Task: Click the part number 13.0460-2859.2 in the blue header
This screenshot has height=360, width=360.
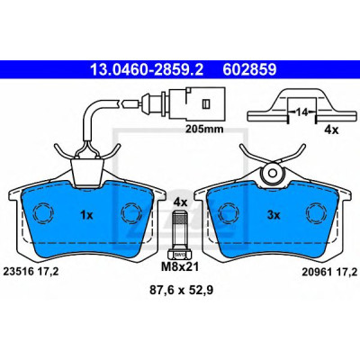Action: (147, 70)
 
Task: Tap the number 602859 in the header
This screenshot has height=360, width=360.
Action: (249, 70)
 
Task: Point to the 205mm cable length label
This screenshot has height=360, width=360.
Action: (204, 129)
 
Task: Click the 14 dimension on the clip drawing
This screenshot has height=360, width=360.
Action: (301, 112)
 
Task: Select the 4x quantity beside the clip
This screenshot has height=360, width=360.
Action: (331, 130)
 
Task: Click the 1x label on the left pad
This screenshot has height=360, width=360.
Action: (87, 215)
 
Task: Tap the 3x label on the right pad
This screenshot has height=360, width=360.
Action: (274, 215)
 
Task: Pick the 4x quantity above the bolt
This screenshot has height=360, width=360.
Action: (181, 202)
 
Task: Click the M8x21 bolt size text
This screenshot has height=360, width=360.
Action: (180, 266)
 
